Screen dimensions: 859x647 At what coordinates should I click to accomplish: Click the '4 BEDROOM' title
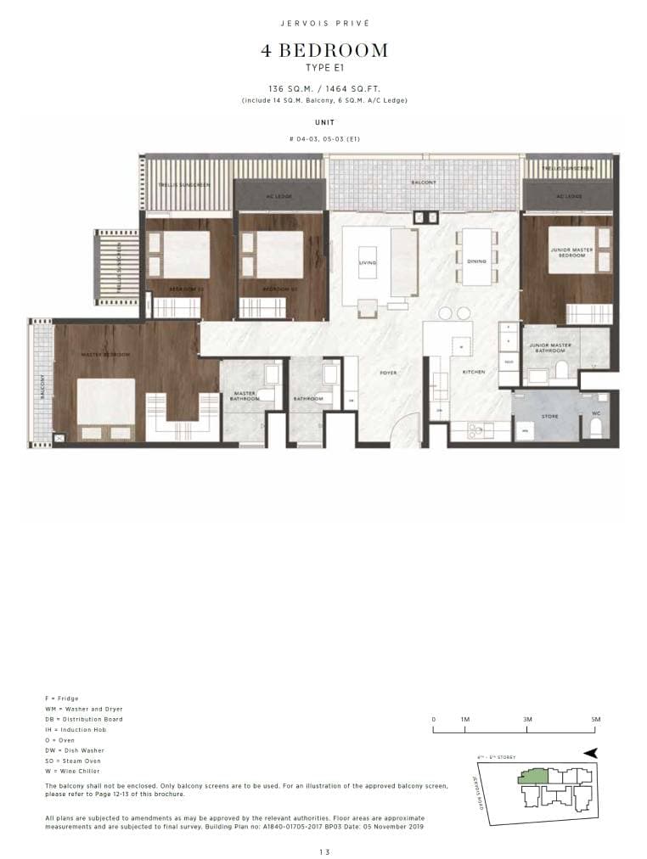(323, 51)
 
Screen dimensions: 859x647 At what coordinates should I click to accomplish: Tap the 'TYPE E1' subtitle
(323, 67)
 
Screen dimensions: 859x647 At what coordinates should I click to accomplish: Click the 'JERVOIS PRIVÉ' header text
(323, 24)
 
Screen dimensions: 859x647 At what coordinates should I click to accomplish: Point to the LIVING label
(368, 263)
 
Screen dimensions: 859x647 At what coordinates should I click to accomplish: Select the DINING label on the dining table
(476, 261)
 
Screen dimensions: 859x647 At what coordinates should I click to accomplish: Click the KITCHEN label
(473, 373)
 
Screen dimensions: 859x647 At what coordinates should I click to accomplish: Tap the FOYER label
(388, 373)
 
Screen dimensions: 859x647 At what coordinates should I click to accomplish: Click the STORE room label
(549, 416)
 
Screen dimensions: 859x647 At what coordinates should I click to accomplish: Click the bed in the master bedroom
(106, 407)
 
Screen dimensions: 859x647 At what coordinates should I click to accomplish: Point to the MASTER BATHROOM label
(245, 396)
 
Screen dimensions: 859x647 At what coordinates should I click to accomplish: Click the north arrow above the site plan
(591, 752)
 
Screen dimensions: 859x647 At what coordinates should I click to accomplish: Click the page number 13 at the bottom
(323, 851)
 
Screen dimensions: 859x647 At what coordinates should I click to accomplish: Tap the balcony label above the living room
(424, 182)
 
